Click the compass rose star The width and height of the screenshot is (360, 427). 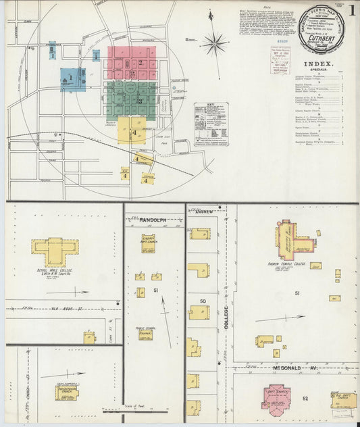point(215,45)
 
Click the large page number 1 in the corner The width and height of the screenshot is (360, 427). point(353,10)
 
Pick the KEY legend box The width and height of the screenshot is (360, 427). point(211,124)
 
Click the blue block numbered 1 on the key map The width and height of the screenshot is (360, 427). point(72,79)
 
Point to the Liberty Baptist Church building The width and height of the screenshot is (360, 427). point(148,243)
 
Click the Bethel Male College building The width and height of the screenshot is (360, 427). point(55,251)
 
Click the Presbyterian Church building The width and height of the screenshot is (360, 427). point(66,392)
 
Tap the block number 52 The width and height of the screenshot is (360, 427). point(305,399)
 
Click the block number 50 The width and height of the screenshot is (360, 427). point(202,301)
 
